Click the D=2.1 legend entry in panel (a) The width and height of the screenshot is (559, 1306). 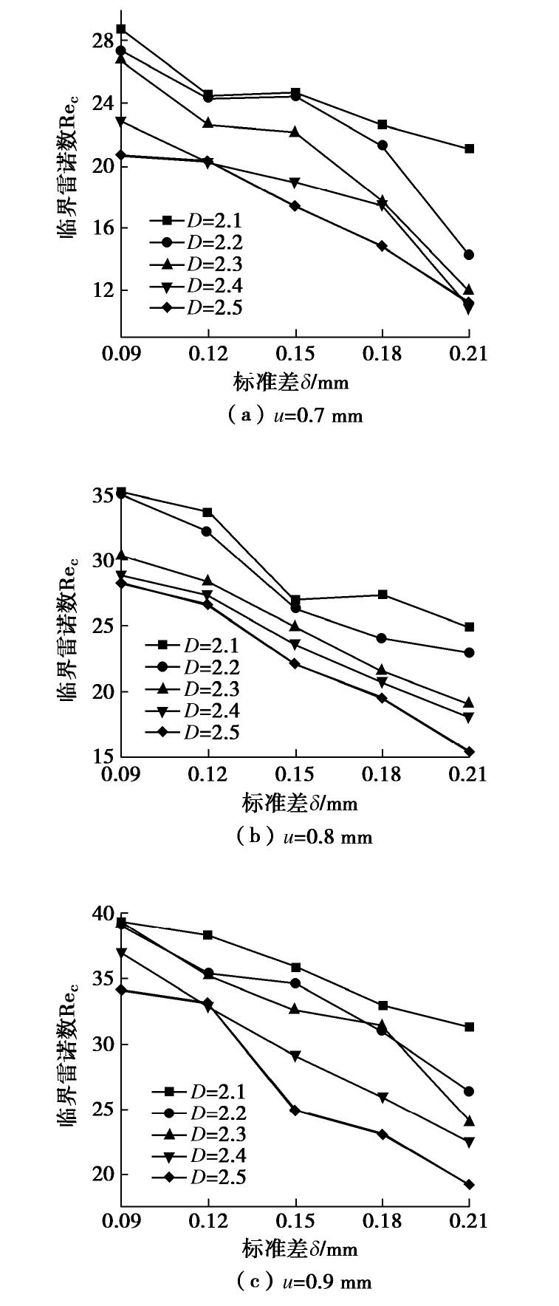(195, 220)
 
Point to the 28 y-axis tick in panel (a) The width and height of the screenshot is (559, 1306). (104, 41)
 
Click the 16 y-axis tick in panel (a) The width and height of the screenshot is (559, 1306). (104, 228)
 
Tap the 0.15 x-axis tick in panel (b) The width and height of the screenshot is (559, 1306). (295, 774)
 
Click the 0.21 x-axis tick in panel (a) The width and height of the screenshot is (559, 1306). (469, 354)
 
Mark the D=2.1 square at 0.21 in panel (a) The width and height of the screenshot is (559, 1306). (469, 148)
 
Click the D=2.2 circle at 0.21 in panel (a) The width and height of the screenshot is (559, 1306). (469, 255)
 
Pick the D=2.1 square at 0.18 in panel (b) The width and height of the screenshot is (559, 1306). (383, 595)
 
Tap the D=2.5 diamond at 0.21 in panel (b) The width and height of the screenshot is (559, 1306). (469, 752)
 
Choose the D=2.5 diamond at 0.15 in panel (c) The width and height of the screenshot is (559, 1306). (295, 1110)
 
